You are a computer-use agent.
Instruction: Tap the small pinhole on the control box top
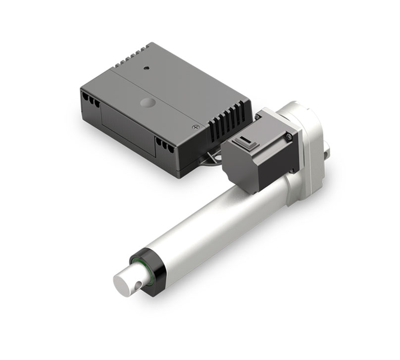tap(147, 67)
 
